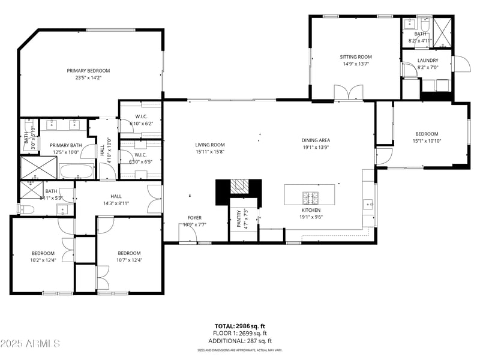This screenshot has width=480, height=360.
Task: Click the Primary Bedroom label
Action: click(x=88, y=70)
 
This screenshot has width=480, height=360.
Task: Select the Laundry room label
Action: click(x=427, y=60)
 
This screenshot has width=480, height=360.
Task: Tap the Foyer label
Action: click(x=194, y=217)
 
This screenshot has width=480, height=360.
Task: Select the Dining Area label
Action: click(x=316, y=140)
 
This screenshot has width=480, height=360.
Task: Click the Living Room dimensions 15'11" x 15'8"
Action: click(x=210, y=152)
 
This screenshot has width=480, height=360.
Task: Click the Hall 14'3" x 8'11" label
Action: click(x=116, y=196)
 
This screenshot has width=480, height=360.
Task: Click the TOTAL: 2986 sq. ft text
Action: click(x=240, y=326)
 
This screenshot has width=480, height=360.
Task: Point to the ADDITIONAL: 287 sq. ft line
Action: click(x=240, y=340)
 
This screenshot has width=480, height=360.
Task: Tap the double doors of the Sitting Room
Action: click(x=349, y=92)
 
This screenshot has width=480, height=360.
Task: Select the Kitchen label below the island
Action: click(x=311, y=210)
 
